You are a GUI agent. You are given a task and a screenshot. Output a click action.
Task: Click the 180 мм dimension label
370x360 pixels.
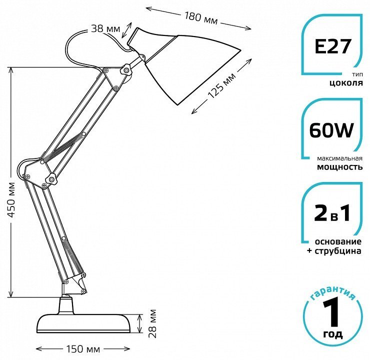201,18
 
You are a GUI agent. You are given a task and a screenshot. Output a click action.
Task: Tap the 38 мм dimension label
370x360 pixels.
105,29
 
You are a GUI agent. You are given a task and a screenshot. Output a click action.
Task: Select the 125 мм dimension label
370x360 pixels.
222,85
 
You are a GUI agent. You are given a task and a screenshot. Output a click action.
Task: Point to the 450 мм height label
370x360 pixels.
11,200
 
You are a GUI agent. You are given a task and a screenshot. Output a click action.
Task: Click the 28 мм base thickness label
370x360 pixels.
153,323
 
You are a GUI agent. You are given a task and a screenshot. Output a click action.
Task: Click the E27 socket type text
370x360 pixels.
332,46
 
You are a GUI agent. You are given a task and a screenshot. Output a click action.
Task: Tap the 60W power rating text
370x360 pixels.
331,130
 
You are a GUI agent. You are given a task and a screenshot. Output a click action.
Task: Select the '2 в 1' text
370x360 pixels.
332,213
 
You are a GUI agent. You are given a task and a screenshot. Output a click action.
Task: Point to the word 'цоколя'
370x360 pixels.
346,83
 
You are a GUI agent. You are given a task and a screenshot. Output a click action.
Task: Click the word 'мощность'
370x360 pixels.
339,167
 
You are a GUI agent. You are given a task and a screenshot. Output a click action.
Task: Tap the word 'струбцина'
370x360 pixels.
337,251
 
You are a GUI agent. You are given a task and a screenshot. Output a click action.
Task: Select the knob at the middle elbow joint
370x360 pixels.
51,178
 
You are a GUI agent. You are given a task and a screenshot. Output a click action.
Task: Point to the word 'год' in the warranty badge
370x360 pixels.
332,334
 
